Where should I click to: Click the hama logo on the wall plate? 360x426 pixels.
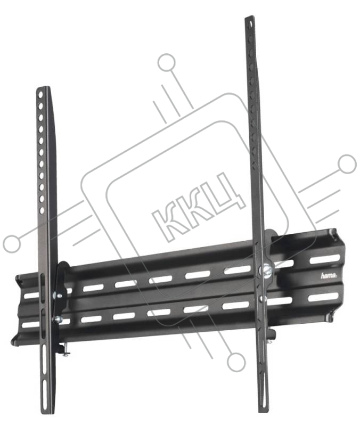[x=329, y=276]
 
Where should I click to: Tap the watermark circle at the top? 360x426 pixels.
[x=166, y=62]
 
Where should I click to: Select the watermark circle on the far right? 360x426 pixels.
[x=347, y=164]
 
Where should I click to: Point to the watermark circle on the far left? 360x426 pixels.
[x=12, y=243]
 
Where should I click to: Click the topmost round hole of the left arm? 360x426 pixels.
[x=40, y=95]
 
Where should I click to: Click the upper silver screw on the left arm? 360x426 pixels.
[x=58, y=296]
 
